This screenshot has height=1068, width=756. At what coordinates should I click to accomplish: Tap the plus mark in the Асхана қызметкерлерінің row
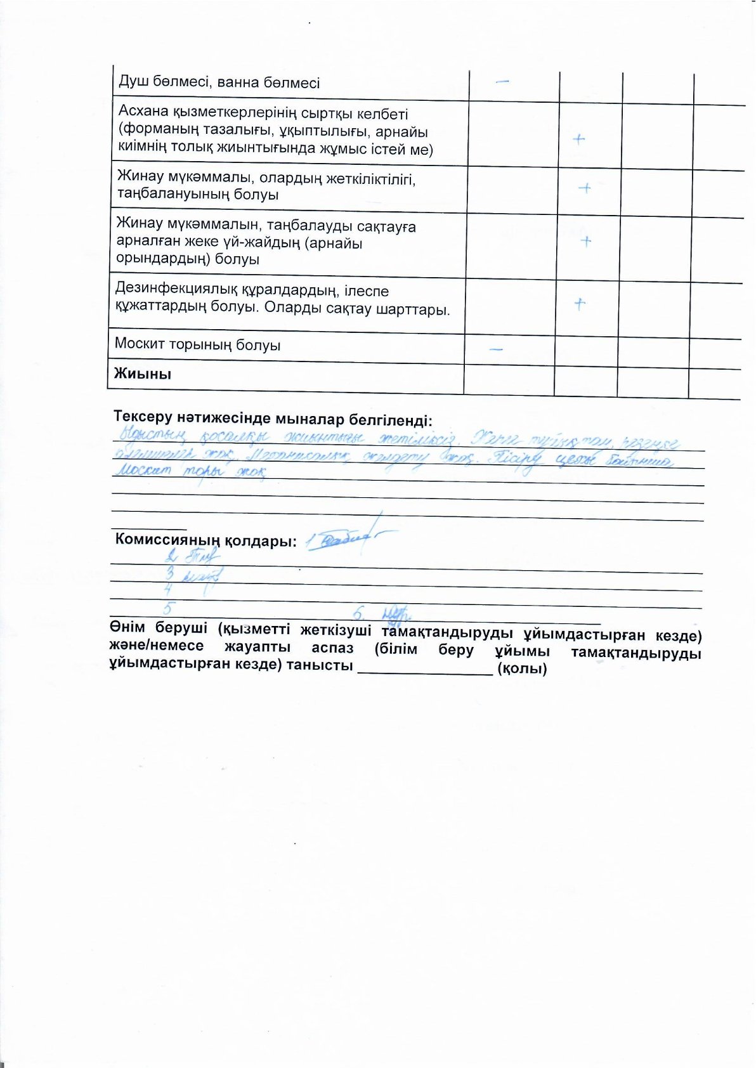click(x=578, y=139)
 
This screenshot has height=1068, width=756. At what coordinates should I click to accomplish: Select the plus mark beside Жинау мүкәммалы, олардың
click(x=585, y=188)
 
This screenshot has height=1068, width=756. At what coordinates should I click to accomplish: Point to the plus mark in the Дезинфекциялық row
click(x=579, y=304)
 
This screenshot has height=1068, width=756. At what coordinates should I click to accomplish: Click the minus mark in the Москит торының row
click(x=497, y=349)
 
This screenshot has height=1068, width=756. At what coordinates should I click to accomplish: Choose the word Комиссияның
click(x=167, y=541)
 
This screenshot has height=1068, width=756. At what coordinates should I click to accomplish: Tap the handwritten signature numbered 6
click(x=397, y=613)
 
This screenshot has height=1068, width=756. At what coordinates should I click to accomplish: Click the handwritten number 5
click(x=167, y=608)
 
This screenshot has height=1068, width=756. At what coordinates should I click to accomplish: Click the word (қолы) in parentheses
click(x=522, y=668)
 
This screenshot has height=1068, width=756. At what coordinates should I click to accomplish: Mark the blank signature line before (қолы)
click(x=425, y=670)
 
